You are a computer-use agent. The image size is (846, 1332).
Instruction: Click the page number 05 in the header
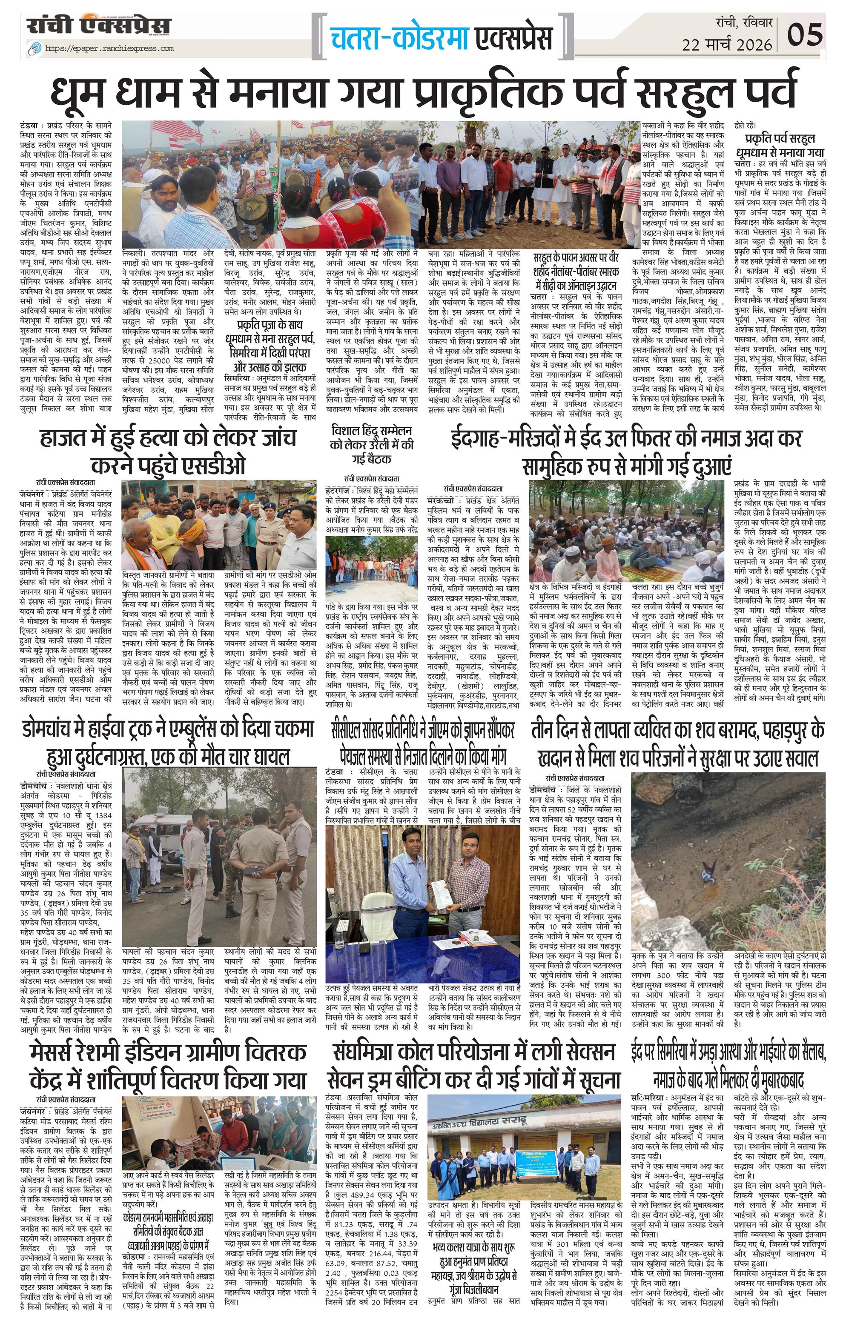tap(807, 35)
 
